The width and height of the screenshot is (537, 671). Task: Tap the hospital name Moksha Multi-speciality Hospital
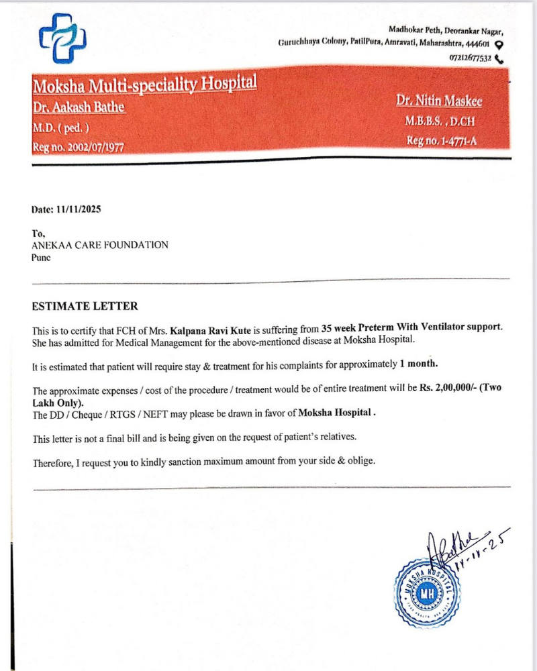pyautogui.click(x=144, y=85)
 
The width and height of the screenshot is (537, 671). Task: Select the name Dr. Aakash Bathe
pyautogui.click(x=79, y=108)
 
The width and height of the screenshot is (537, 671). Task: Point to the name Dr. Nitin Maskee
pyautogui.click(x=439, y=101)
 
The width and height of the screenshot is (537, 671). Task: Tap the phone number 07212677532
pyautogui.click(x=470, y=58)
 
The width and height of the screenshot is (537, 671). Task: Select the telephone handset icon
pyautogui.click(x=499, y=58)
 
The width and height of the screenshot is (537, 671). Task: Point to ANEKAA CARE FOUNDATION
pyautogui.click(x=100, y=245)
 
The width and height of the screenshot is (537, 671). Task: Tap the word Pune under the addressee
pyautogui.click(x=41, y=257)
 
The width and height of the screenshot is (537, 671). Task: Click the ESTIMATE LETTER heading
pyautogui.click(x=85, y=306)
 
